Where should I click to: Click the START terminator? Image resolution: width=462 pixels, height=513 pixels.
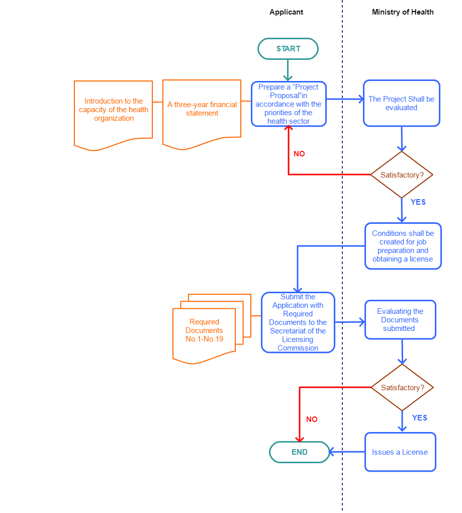click(x=288, y=49)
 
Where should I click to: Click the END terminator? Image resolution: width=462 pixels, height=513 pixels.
click(x=300, y=452)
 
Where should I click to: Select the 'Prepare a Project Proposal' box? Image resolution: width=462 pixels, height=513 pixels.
click(x=289, y=104)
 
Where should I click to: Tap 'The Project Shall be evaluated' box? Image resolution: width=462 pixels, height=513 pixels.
click(x=401, y=103)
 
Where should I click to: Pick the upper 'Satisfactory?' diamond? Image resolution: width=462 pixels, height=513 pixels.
click(x=401, y=175)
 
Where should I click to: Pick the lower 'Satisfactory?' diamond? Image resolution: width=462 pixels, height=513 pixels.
click(x=402, y=388)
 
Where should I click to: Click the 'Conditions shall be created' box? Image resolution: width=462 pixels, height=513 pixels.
click(x=403, y=246)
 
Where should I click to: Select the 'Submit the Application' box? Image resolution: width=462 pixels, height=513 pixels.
click(x=298, y=322)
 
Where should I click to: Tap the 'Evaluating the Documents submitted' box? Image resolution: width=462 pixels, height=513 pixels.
click(x=400, y=320)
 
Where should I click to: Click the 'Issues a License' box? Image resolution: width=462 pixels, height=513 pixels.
click(x=400, y=452)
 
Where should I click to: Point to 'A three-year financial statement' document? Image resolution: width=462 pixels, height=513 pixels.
click(x=202, y=112)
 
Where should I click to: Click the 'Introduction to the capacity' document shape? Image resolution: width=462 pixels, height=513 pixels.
click(x=113, y=112)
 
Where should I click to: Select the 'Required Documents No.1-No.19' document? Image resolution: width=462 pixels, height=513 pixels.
click(x=204, y=332)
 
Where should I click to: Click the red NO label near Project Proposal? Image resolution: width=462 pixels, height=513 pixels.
click(x=299, y=154)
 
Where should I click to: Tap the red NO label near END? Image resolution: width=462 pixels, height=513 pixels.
click(x=312, y=419)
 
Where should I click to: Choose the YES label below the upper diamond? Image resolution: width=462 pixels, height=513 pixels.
click(x=418, y=202)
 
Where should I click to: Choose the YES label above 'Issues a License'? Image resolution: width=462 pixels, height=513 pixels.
click(x=419, y=418)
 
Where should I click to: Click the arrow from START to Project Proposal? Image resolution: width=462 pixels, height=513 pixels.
click(x=288, y=70)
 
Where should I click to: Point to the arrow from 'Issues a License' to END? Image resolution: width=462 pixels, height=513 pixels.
click(x=347, y=452)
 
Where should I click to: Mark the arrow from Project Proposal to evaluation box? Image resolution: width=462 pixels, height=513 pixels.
click(x=345, y=99)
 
